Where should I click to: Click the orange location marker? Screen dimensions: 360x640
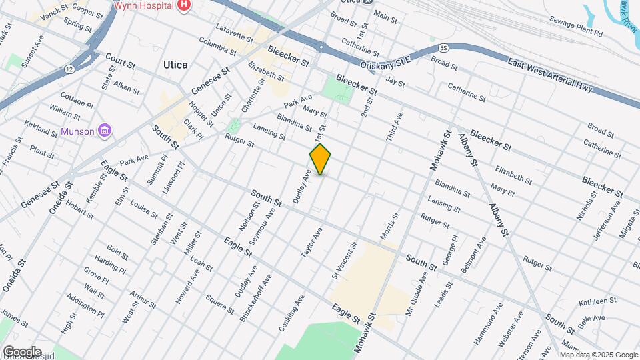point(320,159)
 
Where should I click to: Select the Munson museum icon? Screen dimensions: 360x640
point(105,130)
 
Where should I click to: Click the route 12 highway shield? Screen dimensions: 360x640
point(69,69)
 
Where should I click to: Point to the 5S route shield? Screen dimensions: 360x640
point(443,47)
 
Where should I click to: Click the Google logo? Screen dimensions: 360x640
point(22,351)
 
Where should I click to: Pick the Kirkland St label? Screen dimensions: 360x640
point(39,127)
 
